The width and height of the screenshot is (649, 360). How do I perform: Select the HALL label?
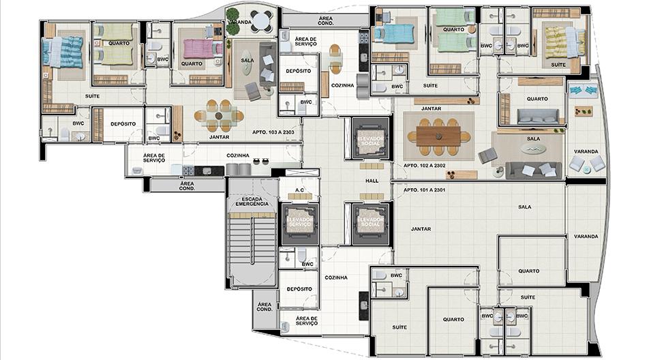click(372, 181)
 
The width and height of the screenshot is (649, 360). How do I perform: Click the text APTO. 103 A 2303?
click(273, 132)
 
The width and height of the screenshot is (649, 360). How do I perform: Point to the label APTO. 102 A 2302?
click(425, 166)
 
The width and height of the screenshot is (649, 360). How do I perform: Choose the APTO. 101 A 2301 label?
click(425, 190)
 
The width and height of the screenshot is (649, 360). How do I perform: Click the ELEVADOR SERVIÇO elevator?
click(300, 224)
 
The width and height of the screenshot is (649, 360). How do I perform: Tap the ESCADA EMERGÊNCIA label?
click(252, 202)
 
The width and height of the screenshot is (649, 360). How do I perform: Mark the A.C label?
click(300, 190)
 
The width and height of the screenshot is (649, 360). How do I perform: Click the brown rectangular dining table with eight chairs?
click(439, 136)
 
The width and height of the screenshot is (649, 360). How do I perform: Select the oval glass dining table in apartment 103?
click(219, 115)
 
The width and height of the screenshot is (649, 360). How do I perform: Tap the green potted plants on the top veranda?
click(232, 21)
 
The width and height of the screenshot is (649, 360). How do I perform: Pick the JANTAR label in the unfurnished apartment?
click(421, 229)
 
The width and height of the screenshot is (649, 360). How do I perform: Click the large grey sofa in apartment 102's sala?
click(534, 170)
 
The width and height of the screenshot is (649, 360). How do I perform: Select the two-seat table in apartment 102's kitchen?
click(335, 59)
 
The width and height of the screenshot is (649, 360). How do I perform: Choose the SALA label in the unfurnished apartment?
click(524, 207)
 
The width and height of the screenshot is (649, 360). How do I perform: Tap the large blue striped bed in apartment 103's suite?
click(63, 52)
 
